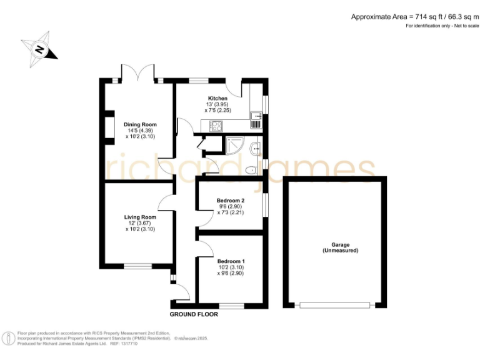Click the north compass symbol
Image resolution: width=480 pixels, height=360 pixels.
[x=39, y=49]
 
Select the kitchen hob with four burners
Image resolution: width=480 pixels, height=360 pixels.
[x=216, y=126]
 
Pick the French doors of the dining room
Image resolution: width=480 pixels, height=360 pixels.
[x=138, y=73]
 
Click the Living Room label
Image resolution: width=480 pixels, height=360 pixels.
[x=139, y=217]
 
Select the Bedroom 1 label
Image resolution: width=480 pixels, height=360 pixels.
[x=231, y=261]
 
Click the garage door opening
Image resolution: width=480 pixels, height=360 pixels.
[x=335, y=306]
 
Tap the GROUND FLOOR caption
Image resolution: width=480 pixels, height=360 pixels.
[x=194, y=314]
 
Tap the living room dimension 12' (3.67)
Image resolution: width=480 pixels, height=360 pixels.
[x=139, y=223]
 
